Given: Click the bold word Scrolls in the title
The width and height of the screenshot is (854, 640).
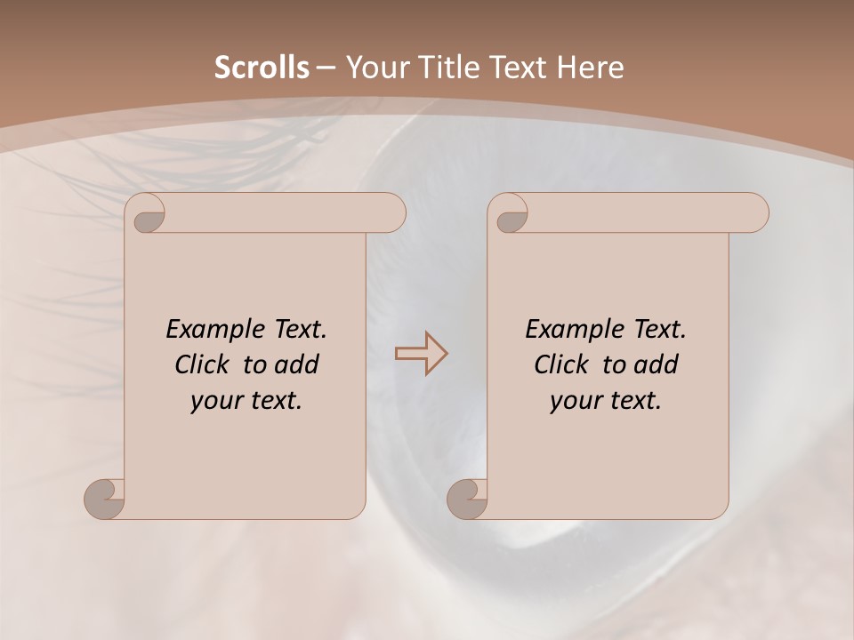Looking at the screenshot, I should point(262,68).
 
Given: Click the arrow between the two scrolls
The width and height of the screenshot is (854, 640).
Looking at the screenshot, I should point(421,354).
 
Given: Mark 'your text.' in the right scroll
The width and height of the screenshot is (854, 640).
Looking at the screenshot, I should point(605,400).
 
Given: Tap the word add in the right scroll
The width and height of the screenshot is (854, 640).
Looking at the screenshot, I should point(656,364).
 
